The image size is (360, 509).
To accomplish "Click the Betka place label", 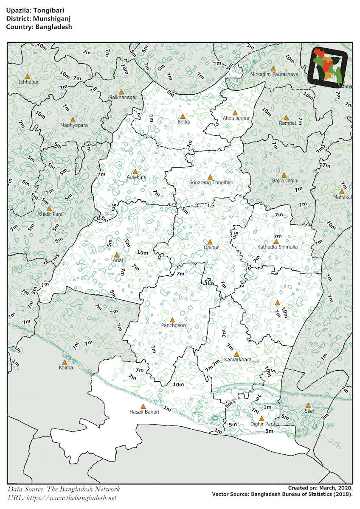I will tap(184, 122).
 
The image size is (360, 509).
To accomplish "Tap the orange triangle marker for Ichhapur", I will tap(27, 76).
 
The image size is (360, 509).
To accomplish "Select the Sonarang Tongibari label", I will tap(211, 182).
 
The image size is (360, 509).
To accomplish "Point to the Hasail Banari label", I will tap(144, 411).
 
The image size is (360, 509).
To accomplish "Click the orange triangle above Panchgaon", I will tap(172, 320).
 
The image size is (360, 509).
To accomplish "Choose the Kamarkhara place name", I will tap(237, 360).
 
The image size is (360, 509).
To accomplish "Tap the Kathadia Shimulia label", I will tap(278, 247).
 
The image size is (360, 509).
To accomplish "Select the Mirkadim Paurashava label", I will tap(274, 74).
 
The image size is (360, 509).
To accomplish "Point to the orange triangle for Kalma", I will tap(65, 362).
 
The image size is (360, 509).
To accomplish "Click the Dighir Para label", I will tap(263, 424).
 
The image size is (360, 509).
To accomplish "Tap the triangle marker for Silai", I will tap(308, 406).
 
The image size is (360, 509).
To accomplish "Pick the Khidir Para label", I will tap(50, 214).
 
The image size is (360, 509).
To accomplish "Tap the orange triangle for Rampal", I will tap(286, 118).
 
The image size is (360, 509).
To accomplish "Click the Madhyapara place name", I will tap(74, 125).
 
